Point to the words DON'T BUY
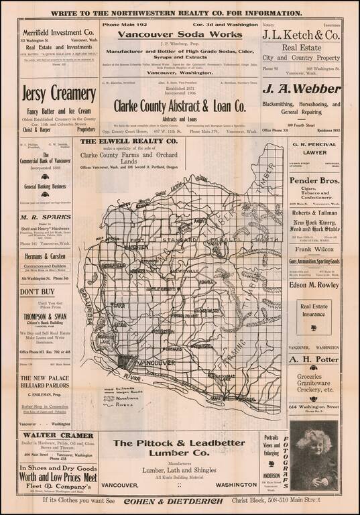pyautogui.click(x=39, y=292)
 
